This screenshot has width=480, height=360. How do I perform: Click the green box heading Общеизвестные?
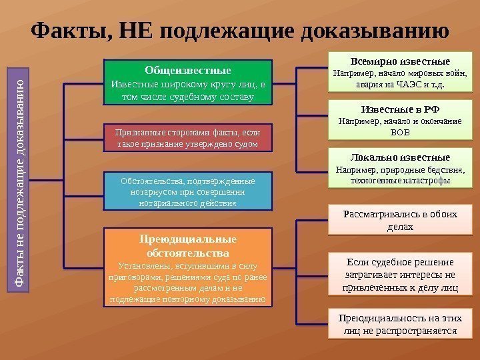coord(188,70)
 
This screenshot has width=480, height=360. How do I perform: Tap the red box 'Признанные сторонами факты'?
coord(188,137)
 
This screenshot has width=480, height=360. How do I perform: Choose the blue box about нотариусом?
coord(188,191)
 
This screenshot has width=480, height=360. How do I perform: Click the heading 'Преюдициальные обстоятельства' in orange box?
coord(188,246)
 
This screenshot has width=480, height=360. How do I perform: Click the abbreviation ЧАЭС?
coord(411,85)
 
